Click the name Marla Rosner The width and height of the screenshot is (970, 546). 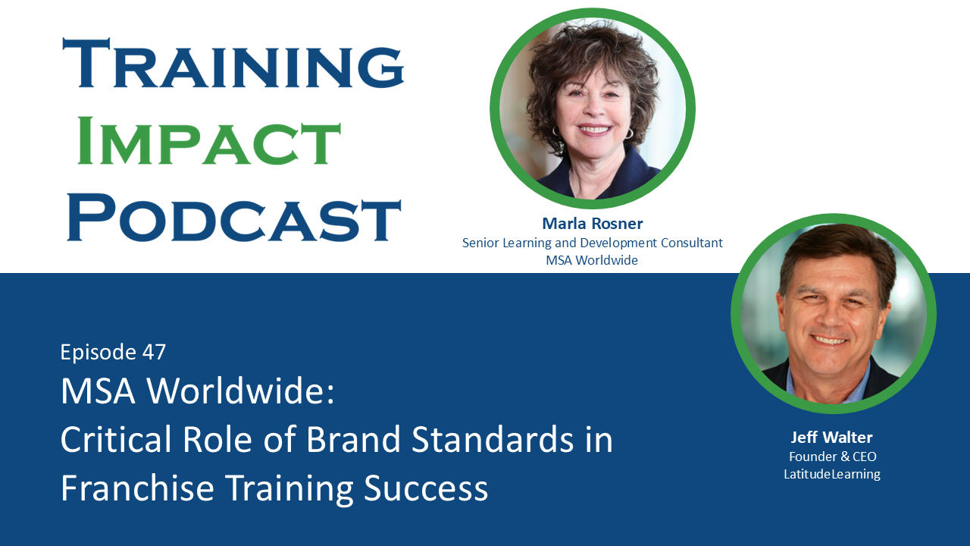pos(592,223)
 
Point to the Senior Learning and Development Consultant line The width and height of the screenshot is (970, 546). pos(592,243)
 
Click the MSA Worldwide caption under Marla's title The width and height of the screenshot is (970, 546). pos(592,260)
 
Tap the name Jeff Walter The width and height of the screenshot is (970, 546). pos(831,438)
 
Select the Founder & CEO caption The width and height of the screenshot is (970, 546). pos(832,457)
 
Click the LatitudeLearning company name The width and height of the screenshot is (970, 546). pos(832,474)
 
